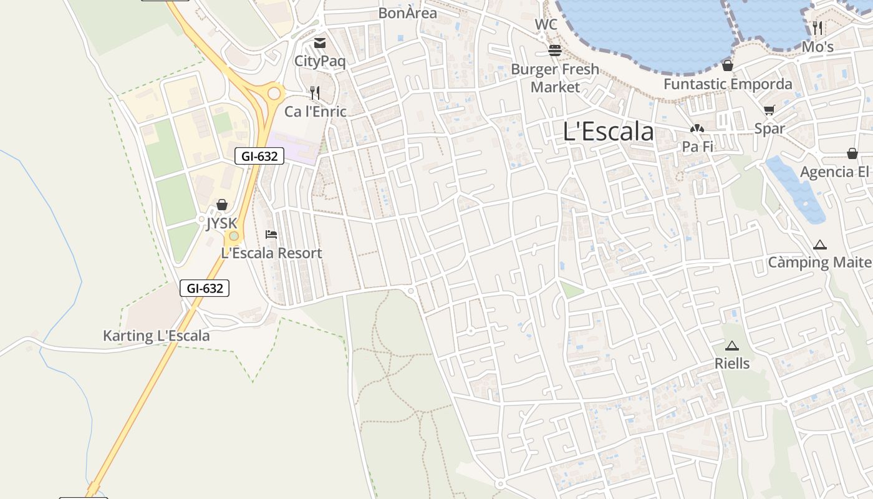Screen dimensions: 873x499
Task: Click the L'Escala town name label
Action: [608, 132]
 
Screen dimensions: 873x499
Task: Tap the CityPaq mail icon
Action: [320, 43]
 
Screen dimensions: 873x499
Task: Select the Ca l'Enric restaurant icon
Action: [315, 93]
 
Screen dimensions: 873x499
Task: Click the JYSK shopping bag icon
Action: [222, 205]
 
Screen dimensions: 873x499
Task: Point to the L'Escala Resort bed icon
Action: [271, 235]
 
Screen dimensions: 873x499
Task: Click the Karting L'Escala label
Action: [157, 336]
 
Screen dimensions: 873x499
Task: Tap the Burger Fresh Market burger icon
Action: [555, 51]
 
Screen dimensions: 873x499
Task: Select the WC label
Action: [546, 25]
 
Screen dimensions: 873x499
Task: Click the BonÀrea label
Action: [408, 12]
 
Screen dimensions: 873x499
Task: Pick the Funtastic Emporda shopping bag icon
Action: [727, 65]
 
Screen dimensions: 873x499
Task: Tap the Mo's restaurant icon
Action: [818, 27]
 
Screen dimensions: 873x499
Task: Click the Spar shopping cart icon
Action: [769, 110]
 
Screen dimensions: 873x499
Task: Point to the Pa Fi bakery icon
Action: [697, 128]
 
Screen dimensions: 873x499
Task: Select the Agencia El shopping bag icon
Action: [852, 153]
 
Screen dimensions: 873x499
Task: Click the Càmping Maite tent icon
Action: [819, 245]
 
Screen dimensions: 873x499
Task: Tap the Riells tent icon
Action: [732, 346]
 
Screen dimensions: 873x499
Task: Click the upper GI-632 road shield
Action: [259, 156]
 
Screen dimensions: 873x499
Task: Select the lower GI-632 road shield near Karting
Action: [205, 288]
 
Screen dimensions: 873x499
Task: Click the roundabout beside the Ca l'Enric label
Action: [274, 94]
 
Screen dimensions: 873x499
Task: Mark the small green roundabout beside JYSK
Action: [234, 236]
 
